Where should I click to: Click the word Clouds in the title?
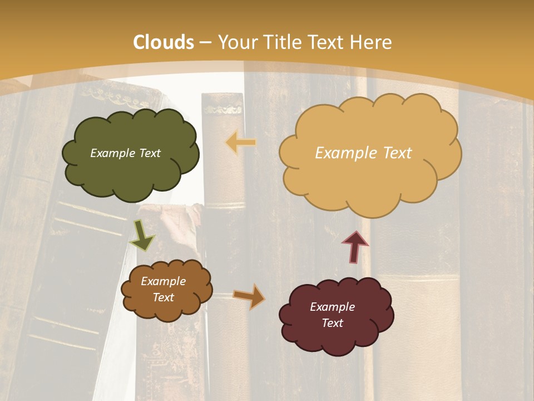(164, 42)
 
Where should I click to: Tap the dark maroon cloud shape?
(337, 340)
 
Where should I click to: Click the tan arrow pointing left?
(241, 143)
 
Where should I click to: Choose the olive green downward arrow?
(142, 236)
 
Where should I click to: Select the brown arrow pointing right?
(249, 296)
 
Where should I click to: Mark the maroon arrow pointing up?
(354, 247)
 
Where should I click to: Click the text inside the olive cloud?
(125, 153)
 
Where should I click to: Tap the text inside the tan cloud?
(363, 153)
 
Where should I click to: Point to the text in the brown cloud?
(163, 289)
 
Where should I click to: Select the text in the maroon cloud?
(332, 315)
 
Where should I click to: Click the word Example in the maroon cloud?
(332, 307)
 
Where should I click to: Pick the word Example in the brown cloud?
(163, 281)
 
